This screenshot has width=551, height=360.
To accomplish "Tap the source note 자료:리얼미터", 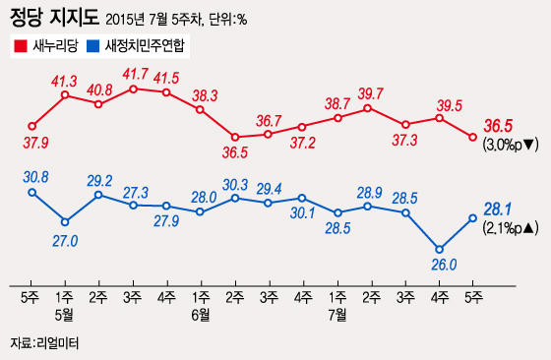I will [42, 343].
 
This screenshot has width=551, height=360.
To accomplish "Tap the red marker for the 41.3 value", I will [65, 95].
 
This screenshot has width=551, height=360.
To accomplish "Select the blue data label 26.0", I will [439, 265].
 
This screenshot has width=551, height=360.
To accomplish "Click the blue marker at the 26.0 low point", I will [439, 248].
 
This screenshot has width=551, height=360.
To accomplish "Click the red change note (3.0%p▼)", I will [510, 144].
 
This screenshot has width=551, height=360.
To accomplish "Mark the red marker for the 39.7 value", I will [371, 107].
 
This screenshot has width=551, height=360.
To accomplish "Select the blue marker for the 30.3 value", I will [235, 198].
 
